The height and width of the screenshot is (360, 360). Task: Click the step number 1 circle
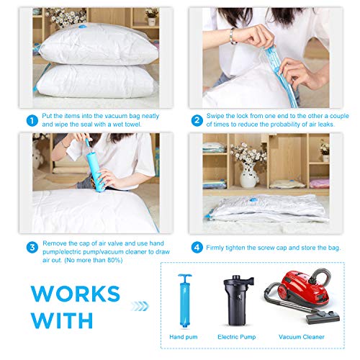click(32, 120)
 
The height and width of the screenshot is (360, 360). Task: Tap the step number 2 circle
click(197, 120)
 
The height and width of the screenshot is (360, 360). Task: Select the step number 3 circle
click(32, 248)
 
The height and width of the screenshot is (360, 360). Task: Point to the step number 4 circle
click(197, 248)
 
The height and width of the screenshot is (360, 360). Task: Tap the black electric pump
click(238, 300)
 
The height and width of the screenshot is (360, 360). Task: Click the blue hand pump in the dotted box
click(184, 301)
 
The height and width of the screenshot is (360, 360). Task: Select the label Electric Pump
click(237, 337)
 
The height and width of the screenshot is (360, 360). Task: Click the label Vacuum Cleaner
click(302, 337)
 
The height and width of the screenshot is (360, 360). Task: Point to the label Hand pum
click(184, 337)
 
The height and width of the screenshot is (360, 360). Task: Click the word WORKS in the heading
click(76, 294)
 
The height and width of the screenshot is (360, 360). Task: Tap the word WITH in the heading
click(62, 320)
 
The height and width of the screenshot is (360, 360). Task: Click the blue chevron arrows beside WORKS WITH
click(140, 306)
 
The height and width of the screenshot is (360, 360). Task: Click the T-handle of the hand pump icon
click(185, 276)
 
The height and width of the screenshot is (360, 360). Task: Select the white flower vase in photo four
click(250, 175)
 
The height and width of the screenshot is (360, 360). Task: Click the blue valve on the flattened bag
click(253, 199)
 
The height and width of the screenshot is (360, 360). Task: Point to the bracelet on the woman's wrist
click(233, 35)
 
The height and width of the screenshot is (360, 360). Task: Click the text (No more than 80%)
click(94, 260)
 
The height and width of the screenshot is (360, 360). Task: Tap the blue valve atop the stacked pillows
click(83, 26)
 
